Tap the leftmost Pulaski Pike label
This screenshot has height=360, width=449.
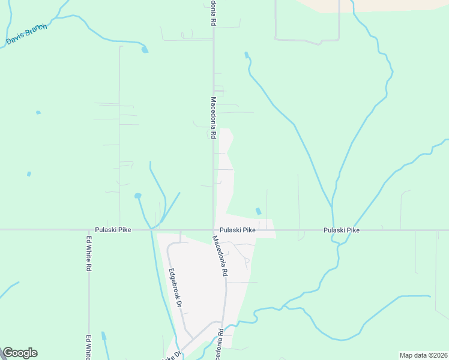[x=113, y=230]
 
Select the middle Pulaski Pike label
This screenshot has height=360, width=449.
[x=238, y=230]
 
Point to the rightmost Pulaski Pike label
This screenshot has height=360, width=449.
[x=342, y=230]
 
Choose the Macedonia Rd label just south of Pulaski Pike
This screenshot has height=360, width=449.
[x=221, y=255]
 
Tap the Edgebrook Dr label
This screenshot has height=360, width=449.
[x=175, y=287]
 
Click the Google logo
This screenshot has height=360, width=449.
[x=20, y=353]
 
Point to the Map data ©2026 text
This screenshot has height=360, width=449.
[x=423, y=355]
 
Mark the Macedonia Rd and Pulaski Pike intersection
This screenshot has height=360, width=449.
[x=214, y=230]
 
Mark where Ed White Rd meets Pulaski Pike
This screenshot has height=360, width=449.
[x=89, y=230]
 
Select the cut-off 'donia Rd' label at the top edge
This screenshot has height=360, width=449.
[x=212, y=12]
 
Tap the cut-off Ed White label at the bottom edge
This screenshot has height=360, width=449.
[x=89, y=347]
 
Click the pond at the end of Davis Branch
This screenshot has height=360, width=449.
[x=145, y=50]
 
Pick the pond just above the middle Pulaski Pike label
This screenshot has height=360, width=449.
[x=258, y=211]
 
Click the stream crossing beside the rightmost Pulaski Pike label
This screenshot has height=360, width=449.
[x=333, y=230]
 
